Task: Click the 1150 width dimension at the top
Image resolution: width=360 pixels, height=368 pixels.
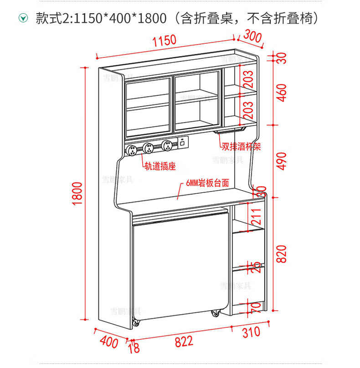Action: click(x=165, y=41)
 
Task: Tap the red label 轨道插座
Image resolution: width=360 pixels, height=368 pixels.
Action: click(x=160, y=166)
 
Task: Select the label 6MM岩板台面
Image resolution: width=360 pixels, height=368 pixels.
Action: click(x=207, y=183)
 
